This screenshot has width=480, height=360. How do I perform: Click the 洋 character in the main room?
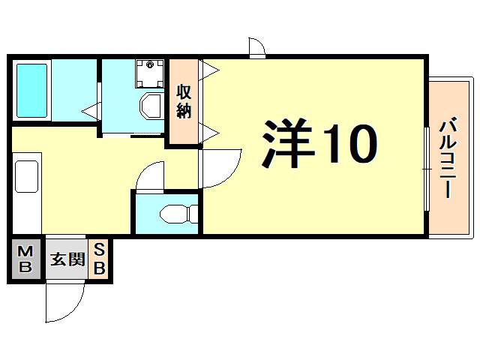click(x=288, y=144)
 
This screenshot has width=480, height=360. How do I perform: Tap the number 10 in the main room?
click(x=349, y=144)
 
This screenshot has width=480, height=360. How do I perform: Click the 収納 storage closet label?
click(x=184, y=102)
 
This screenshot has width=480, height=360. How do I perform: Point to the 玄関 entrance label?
click(x=67, y=259)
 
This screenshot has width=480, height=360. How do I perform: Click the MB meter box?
click(x=25, y=259)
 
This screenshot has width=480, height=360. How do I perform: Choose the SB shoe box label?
click(x=99, y=259)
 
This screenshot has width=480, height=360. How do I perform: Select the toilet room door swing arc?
click(x=149, y=177)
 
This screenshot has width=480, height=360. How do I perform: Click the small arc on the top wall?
click(x=257, y=47)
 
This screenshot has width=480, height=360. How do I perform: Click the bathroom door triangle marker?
click(x=91, y=112)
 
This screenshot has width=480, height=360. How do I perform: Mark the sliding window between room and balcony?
click(x=426, y=169)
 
